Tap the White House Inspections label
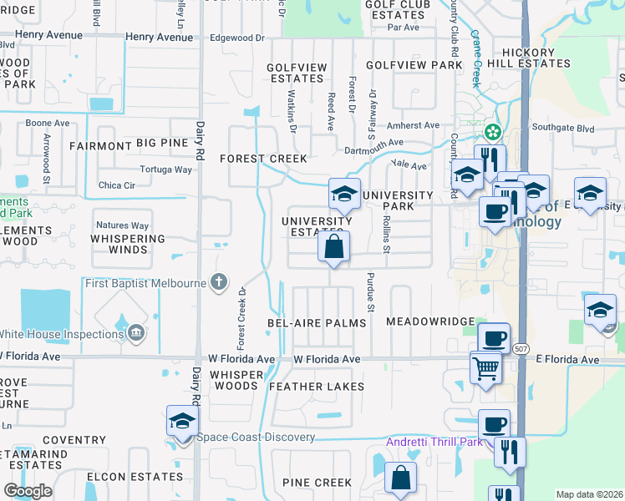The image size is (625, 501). [62, 335]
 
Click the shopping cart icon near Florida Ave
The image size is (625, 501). [485, 367]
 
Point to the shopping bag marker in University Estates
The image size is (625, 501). [333, 247]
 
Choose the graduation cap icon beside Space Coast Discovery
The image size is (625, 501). [181, 422]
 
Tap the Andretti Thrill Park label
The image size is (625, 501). [434, 442]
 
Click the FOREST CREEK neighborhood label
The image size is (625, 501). [263, 159]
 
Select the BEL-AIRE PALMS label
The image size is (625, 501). [317, 322]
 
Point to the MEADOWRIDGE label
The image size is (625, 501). [430, 321]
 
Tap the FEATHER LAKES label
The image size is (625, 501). [317, 387]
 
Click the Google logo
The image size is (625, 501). [28, 491]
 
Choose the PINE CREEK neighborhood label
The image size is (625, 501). [317, 483]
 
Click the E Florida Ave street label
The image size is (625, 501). [568, 360]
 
